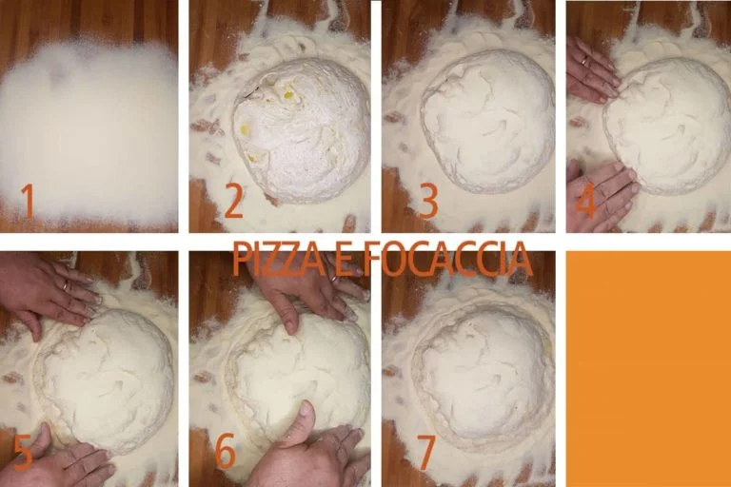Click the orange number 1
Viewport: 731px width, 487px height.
(x=28, y=201)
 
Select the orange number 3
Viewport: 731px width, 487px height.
(x=427, y=201)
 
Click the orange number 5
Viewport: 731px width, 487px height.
(x=23, y=454)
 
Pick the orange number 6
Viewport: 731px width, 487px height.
(x=226, y=454)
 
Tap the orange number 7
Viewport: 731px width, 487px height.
(x=425, y=454)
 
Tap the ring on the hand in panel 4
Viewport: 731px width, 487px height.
(x=583, y=62)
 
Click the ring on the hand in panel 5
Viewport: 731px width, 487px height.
(x=64, y=283)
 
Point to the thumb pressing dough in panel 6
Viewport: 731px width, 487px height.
(x=303, y=420)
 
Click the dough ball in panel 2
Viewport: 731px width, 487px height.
(x=303, y=128)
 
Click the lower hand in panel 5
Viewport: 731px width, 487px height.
(x=71, y=464)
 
